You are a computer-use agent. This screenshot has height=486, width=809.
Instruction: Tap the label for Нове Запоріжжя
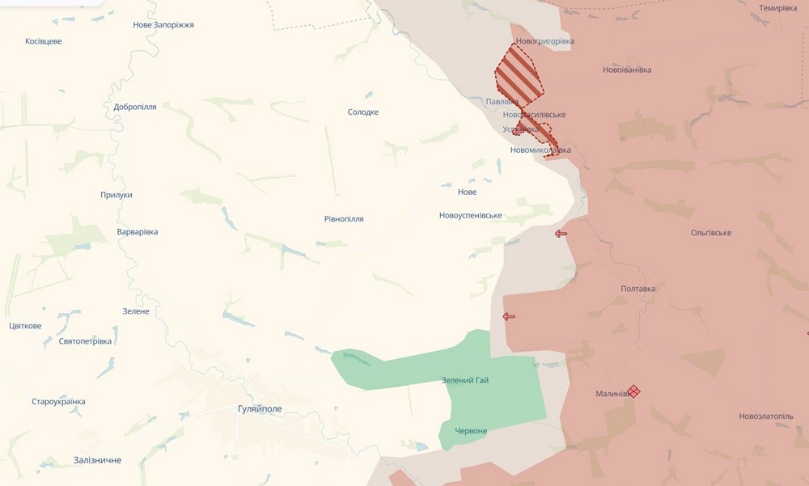coord(163,25)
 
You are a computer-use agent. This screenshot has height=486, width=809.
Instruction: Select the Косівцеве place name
coord(44,41)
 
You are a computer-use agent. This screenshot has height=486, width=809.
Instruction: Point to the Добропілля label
coord(135,107)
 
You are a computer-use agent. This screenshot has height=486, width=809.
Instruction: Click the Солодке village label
coord(363,112)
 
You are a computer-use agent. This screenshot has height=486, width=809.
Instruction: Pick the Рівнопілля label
coord(344,219)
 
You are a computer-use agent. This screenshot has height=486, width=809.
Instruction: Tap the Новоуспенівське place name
coord(471,215)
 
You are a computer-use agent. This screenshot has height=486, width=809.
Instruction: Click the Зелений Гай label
coord(465,380)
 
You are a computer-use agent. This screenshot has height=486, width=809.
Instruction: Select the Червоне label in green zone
coord(471,431)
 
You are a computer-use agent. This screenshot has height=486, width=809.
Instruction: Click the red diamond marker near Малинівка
coord(634,391)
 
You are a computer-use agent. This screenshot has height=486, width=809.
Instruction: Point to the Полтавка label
coord(637,289)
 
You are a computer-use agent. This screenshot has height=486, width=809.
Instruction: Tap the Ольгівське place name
coord(711,233)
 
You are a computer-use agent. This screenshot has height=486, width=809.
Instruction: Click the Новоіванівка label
coord(627,70)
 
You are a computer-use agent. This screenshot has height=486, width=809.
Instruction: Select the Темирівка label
coord(777,8)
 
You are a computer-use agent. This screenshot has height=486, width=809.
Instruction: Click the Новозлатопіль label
coord(766,416)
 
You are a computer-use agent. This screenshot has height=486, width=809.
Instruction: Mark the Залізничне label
coord(97,460)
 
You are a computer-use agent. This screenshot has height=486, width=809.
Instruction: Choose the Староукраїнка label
coord(58,402)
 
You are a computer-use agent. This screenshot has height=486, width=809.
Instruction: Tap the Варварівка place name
coord(138,232)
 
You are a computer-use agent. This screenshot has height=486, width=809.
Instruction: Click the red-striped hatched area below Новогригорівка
coord(518,76)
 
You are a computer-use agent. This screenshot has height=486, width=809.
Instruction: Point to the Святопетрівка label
coord(85,341)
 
